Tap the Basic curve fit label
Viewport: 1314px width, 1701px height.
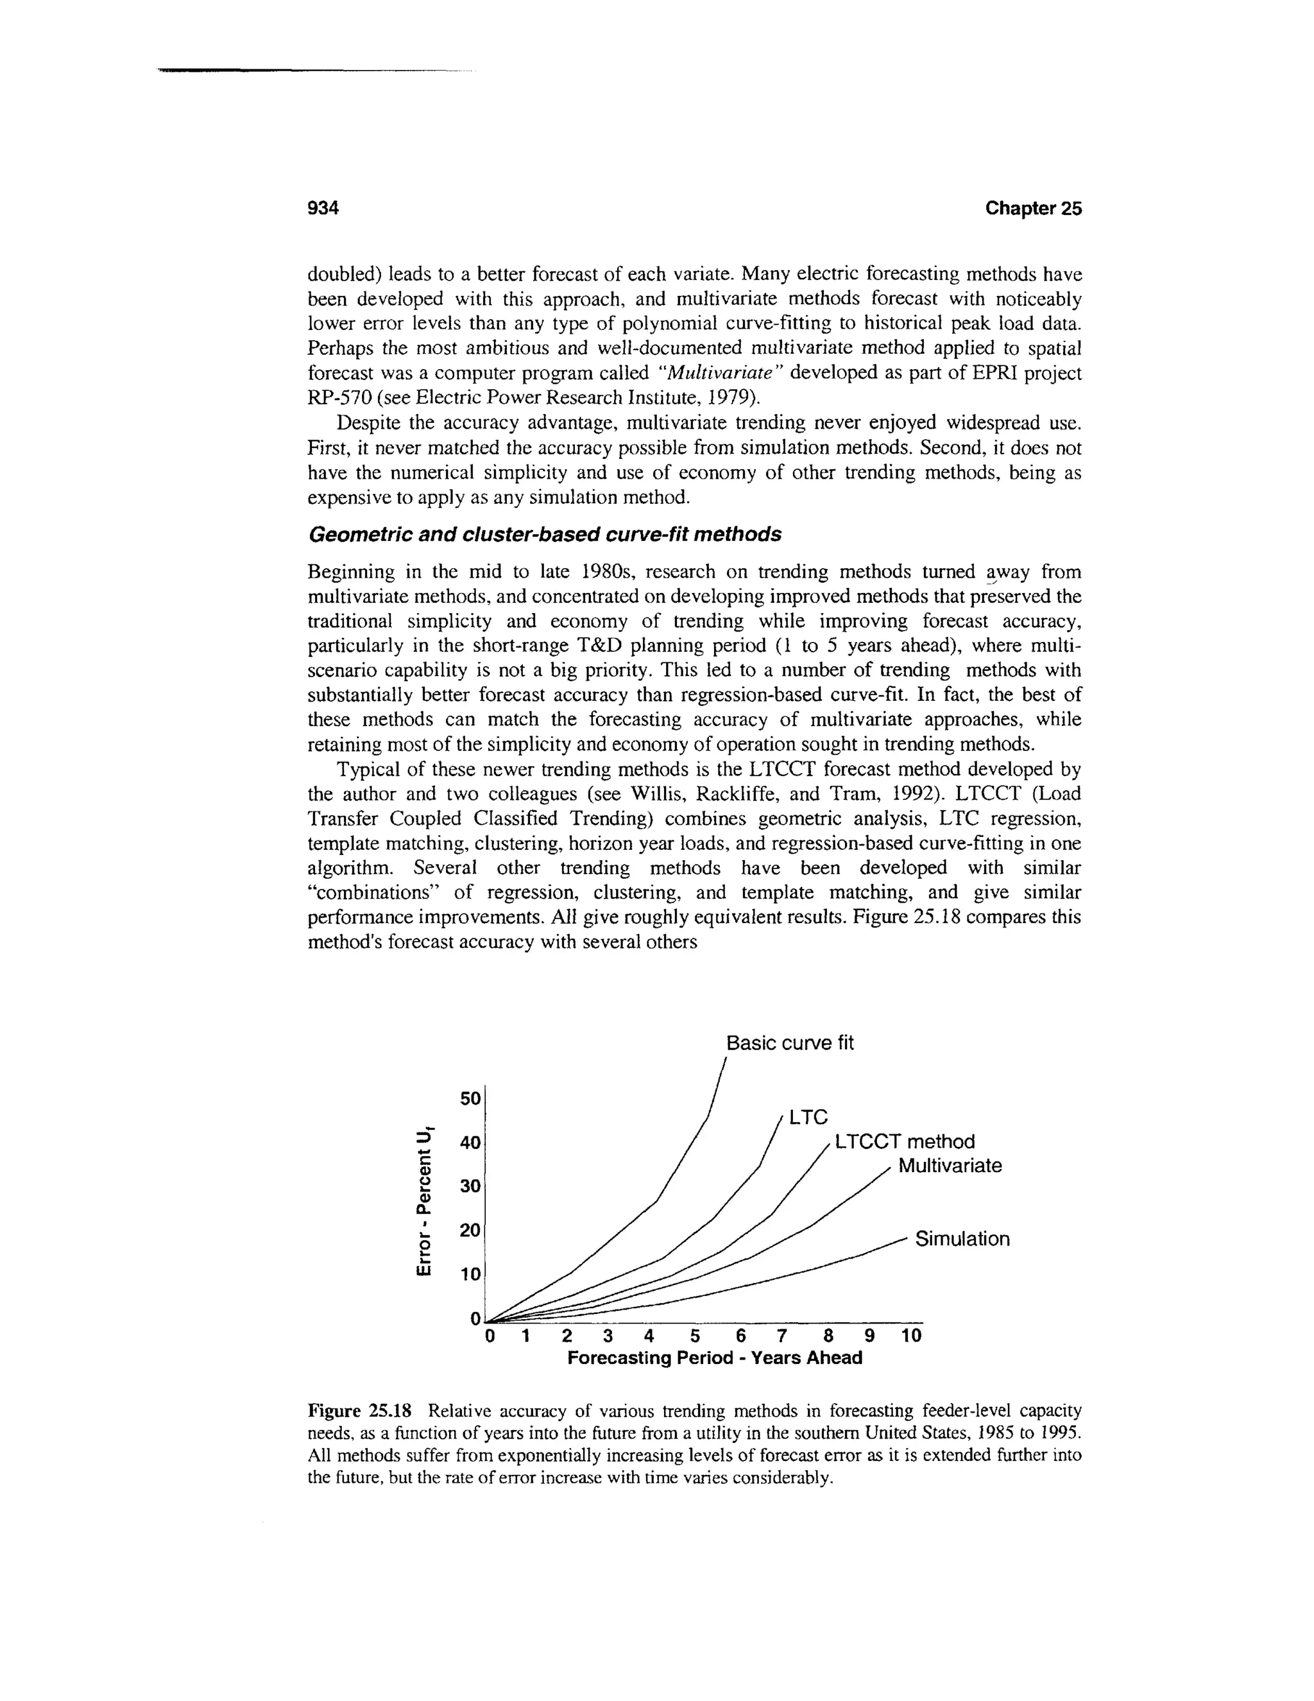[789, 1043]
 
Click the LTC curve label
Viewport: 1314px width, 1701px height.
[807, 1118]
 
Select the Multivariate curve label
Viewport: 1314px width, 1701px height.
[950, 1166]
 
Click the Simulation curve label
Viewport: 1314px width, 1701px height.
[962, 1238]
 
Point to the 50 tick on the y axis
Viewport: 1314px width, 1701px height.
[470, 1099]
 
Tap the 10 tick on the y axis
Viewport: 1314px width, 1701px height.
[470, 1274]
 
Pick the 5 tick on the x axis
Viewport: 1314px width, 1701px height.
[696, 1336]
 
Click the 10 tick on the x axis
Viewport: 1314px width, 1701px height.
[911, 1336]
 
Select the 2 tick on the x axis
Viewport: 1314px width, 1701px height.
[567, 1336]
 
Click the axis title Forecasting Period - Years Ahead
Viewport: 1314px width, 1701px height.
[714, 1358]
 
